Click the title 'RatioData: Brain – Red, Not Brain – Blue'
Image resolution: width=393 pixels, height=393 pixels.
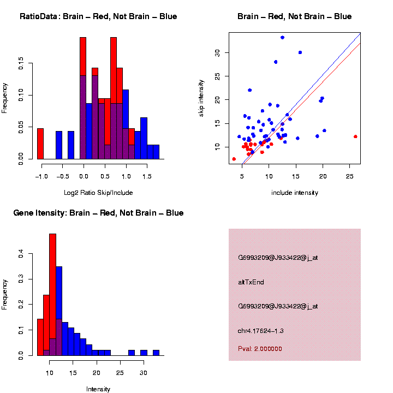(98, 16)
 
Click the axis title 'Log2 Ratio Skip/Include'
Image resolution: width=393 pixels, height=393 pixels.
(98, 193)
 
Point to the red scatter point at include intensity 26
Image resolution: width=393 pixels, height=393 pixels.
(355, 136)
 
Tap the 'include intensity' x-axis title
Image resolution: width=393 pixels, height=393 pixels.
(295, 193)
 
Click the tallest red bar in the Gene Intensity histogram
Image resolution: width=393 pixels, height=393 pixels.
(53, 295)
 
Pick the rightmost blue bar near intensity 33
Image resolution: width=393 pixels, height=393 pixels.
(156, 353)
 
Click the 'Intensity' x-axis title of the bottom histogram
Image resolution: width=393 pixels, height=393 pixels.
(98, 389)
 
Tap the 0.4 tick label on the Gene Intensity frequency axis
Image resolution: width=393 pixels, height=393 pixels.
(20, 254)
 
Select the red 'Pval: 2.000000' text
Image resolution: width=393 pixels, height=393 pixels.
(260, 348)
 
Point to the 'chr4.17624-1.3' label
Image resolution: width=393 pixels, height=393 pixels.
(261, 331)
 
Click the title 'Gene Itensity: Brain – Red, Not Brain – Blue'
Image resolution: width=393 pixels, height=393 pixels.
(98, 213)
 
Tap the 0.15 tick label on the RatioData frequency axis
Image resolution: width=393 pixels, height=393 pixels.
(20, 64)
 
